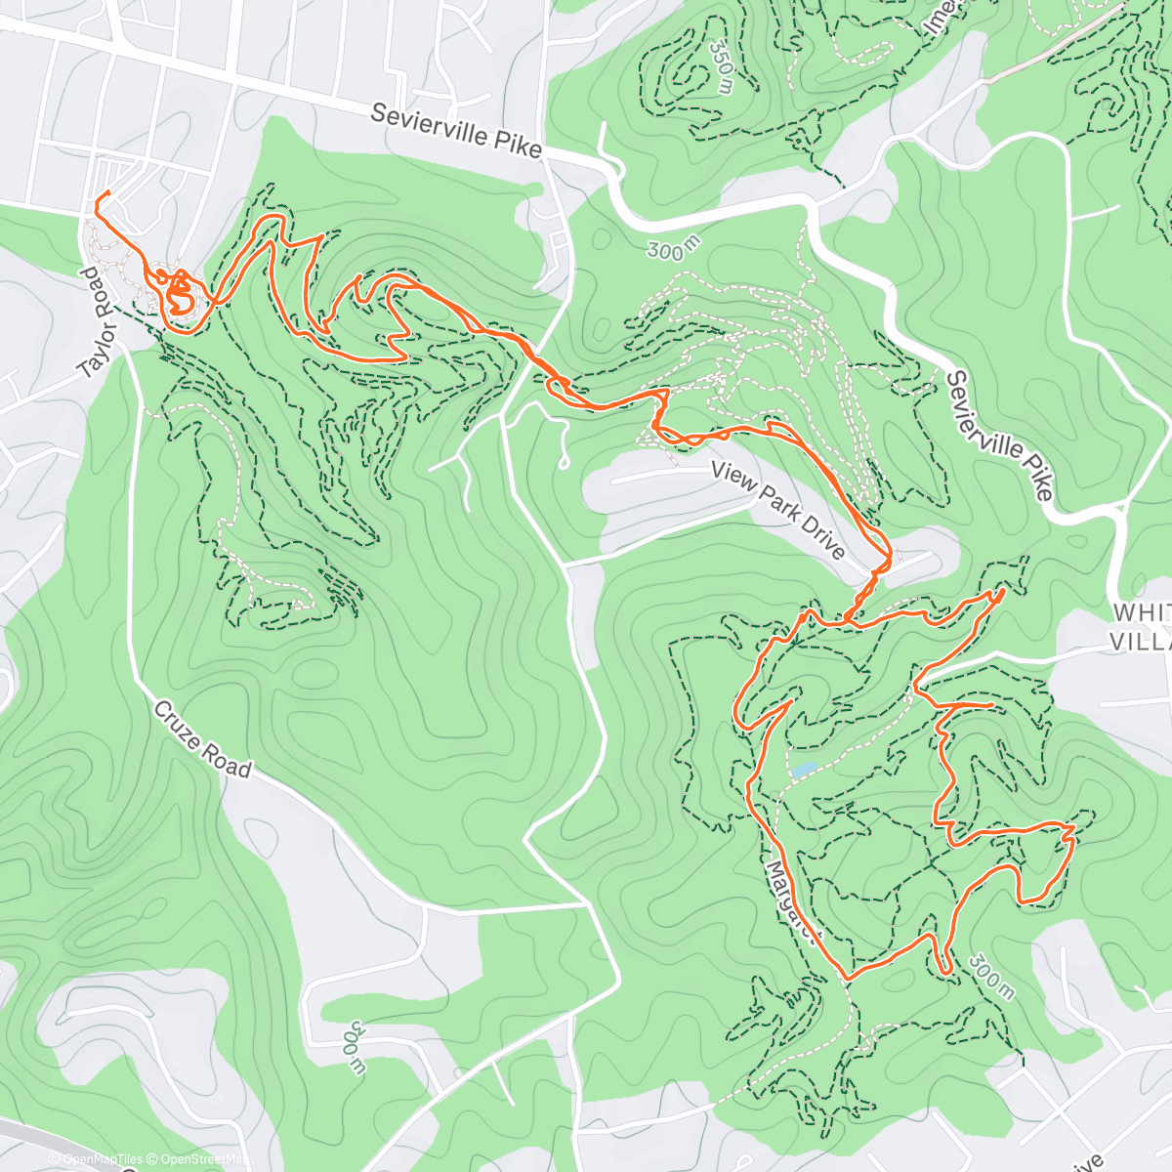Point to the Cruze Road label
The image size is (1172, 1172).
[x=202, y=739]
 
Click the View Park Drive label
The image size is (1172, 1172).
[x=778, y=511]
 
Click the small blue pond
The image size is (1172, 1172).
[x=802, y=770]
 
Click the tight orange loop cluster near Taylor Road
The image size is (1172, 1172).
[x=179, y=294]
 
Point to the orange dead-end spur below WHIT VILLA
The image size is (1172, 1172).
[x=991, y=703]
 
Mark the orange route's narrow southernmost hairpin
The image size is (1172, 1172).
[x=944, y=968]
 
